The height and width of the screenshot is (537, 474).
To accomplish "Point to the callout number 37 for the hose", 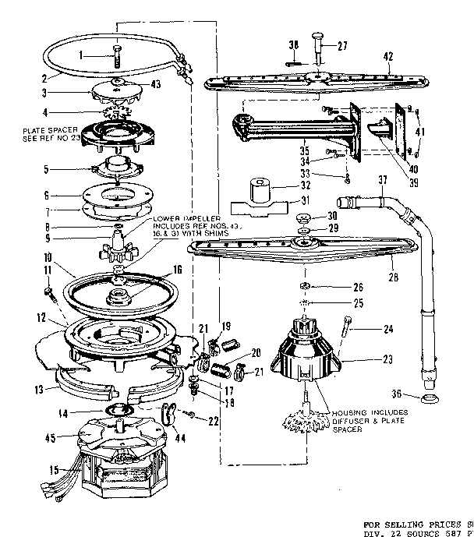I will [x=383, y=180].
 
